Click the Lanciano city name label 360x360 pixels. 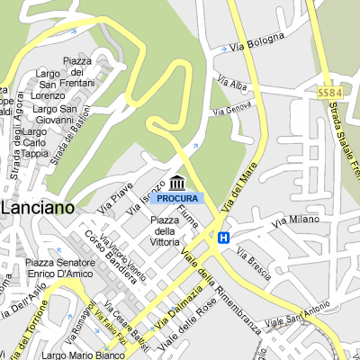point(37,206)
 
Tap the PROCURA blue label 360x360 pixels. point(177,198)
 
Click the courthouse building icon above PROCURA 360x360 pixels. point(177,183)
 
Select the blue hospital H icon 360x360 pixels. point(222,237)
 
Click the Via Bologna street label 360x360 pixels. point(258,41)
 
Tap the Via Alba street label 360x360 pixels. point(232,84)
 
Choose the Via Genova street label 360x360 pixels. point(232,109)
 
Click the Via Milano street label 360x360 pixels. point(298,220)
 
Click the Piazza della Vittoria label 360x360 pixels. point(165,230)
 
